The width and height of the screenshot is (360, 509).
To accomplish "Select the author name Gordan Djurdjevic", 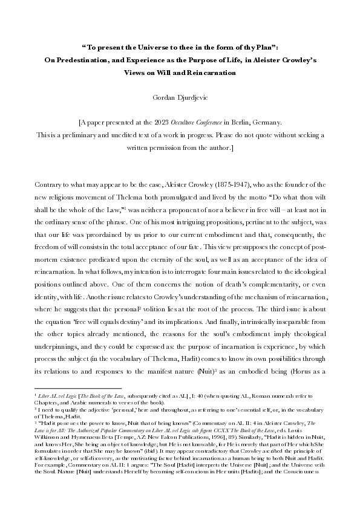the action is click(180, 96).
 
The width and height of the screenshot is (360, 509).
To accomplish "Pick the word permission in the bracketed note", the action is click(162, 147).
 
